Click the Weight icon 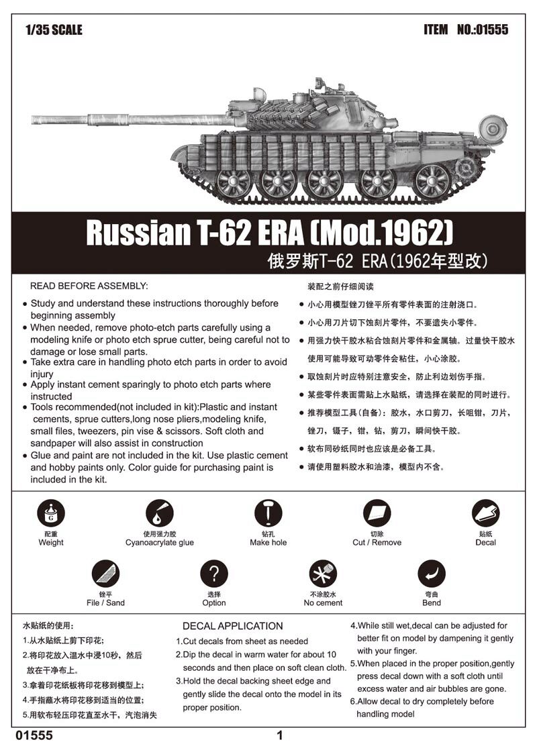51,515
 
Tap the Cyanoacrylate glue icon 159,515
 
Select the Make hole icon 268,514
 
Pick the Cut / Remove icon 377,515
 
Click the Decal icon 485,515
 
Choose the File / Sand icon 105,574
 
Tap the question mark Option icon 214,574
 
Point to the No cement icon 322,574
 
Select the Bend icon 432,574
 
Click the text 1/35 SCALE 53,30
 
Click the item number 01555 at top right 492,30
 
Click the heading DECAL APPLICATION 232,626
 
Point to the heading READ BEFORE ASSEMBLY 89,286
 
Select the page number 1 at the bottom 280,735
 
